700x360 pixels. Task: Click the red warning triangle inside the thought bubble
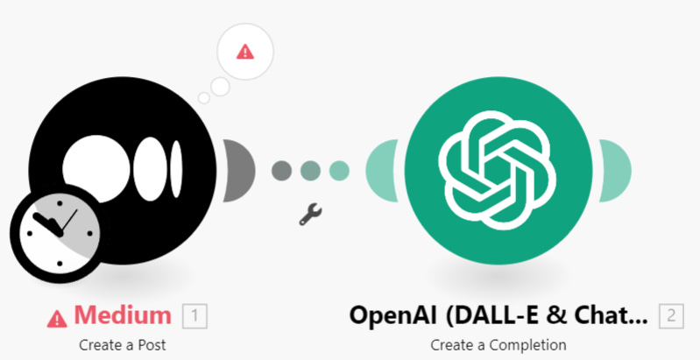click(245, 51)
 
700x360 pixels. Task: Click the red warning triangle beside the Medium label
click(58, 316)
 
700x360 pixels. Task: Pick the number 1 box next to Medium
click(194, 314)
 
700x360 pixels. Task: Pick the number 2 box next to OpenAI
click(672, 314)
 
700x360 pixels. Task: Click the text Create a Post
click(122, 343)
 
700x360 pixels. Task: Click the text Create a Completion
click(498, 343)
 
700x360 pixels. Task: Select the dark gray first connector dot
click(281, 169)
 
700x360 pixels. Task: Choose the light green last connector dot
click(340, 169)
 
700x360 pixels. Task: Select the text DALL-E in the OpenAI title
click(506, 314)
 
